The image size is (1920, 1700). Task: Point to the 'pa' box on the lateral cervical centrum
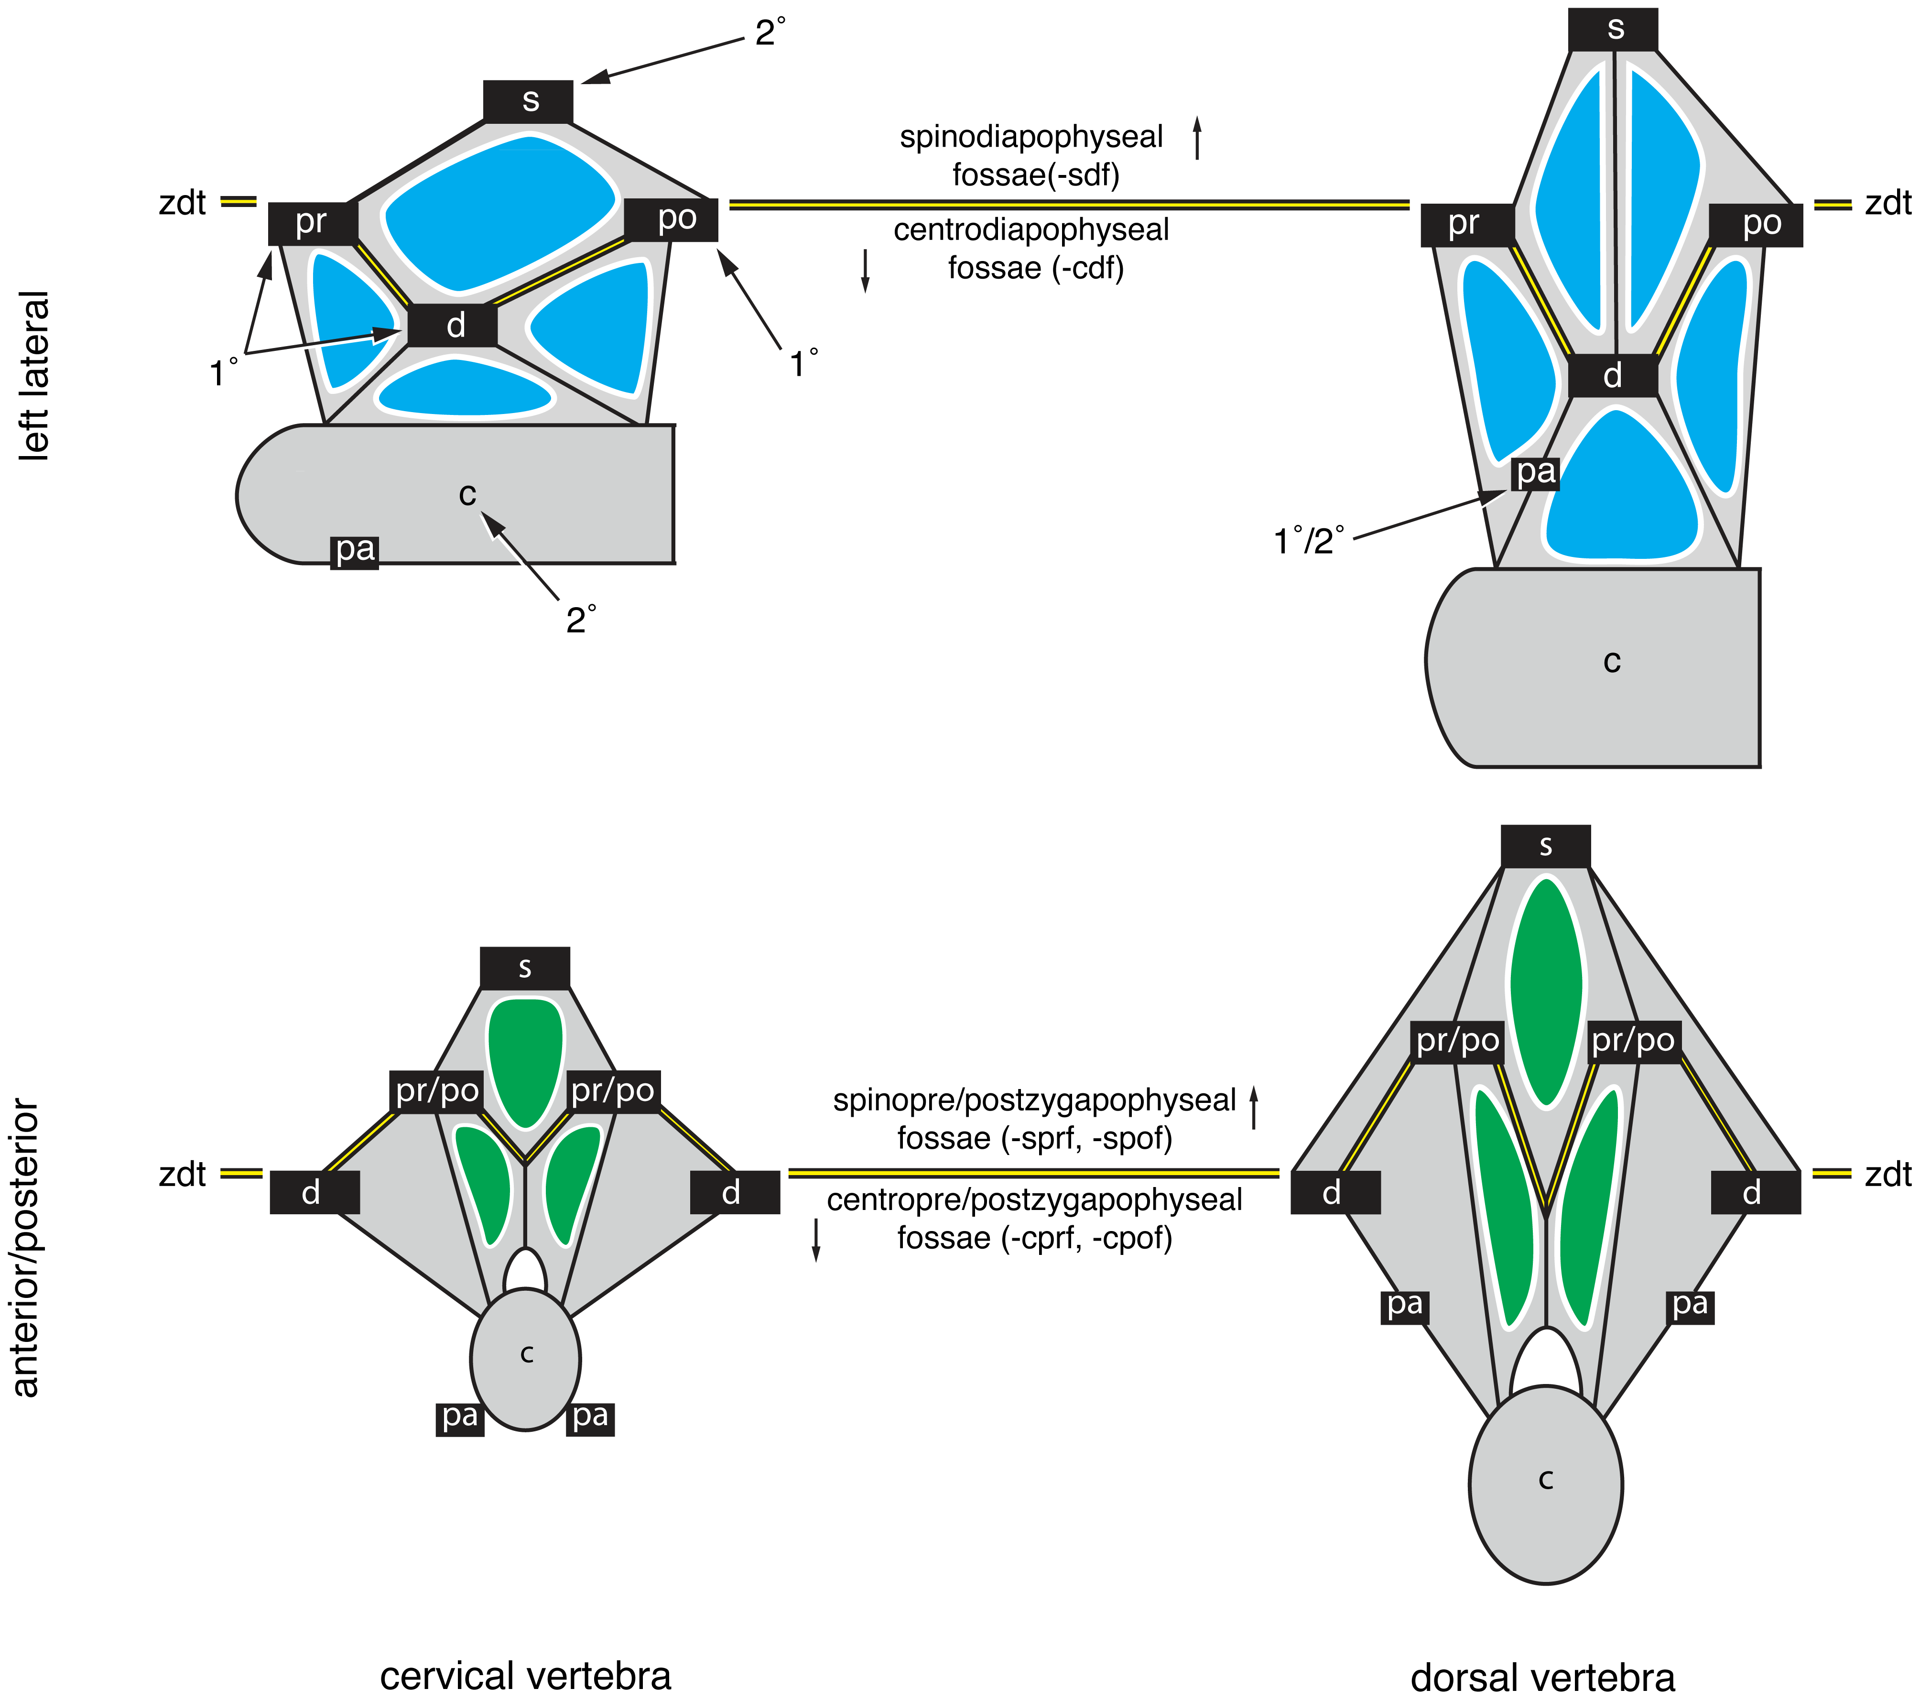355,551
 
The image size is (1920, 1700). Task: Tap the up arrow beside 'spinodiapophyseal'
1197,138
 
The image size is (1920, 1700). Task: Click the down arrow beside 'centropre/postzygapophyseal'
815,1239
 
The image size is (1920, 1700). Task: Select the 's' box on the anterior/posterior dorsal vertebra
1545,846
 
